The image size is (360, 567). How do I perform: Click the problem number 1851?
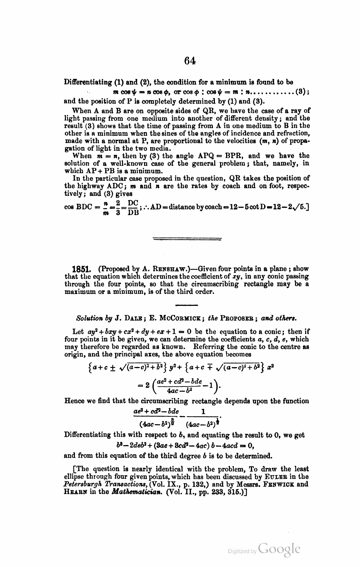click(x=81, y=270)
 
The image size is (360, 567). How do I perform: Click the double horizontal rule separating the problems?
click(x=187, y=239)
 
